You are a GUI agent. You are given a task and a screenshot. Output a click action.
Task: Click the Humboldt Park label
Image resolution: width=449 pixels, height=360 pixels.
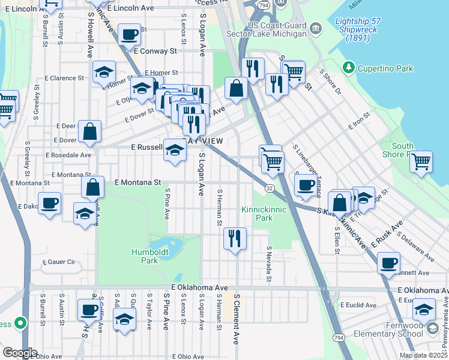click(145, 256)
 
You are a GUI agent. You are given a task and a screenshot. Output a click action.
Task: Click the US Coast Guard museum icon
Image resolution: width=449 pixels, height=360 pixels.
click(315, 28)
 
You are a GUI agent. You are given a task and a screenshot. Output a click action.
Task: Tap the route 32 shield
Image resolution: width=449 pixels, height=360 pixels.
click(270, 188)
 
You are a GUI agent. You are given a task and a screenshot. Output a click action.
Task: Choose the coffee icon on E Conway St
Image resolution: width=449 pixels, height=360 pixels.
click(129, 34)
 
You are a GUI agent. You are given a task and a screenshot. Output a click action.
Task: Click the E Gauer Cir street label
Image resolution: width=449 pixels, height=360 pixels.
click(58, 262)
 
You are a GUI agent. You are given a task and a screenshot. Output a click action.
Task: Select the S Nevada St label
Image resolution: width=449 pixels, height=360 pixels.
click(269, 264)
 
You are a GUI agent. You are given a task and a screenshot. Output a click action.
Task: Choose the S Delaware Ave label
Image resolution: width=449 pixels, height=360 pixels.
click(415, 248)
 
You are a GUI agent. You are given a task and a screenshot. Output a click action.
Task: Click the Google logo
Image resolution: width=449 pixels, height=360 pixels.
click(20, 352)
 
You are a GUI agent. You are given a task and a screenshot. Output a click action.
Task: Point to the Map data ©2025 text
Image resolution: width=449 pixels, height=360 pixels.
click(423, 355)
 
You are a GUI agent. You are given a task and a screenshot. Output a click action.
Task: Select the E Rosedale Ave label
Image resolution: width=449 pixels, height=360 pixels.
click(68, 155)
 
